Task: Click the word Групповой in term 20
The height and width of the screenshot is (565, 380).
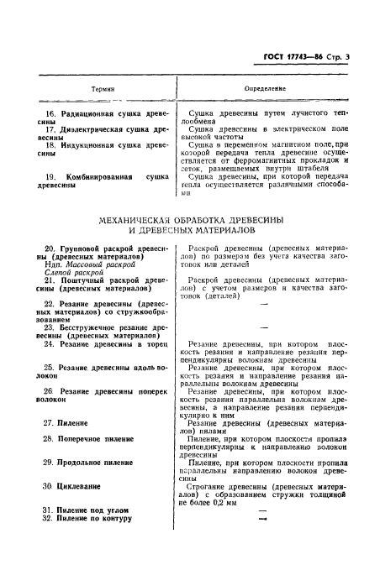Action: (x=87, y=248)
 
